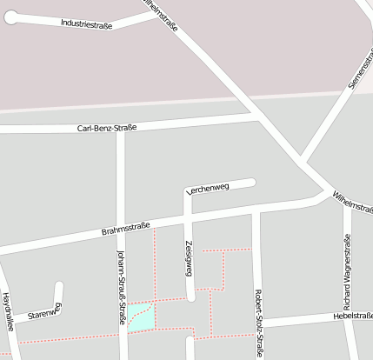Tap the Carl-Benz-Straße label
107,129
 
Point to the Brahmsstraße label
125,230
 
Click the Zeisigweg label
188,259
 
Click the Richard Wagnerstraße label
348,283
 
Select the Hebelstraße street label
353,316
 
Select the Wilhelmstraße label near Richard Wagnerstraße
353,202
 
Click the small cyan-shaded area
143,318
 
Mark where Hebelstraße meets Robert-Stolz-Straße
257,322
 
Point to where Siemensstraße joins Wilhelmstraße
301,161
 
